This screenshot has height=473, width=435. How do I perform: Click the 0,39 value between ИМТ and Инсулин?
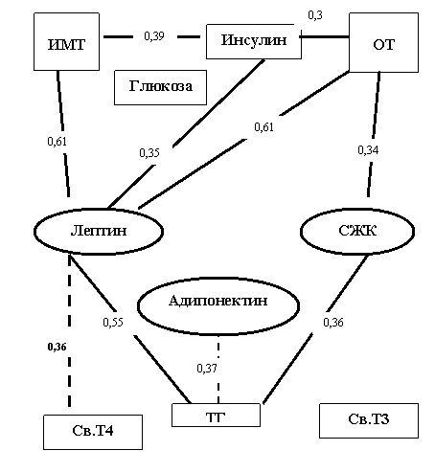coord(154,36)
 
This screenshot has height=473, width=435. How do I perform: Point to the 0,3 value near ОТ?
coord(315,15)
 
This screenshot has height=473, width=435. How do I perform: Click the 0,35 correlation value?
coord(149,153)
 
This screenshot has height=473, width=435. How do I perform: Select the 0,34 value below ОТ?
coord(368,149)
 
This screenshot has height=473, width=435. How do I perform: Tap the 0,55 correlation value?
coord(113,322)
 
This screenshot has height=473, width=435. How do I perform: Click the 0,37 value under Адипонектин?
coord(207,369)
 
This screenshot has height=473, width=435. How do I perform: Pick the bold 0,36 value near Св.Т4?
coord(57,347)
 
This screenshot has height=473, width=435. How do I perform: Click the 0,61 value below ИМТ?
coord(57,141)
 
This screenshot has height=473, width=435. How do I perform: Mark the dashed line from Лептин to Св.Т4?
coord(69,330)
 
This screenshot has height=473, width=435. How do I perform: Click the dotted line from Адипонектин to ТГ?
coord(218,370)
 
